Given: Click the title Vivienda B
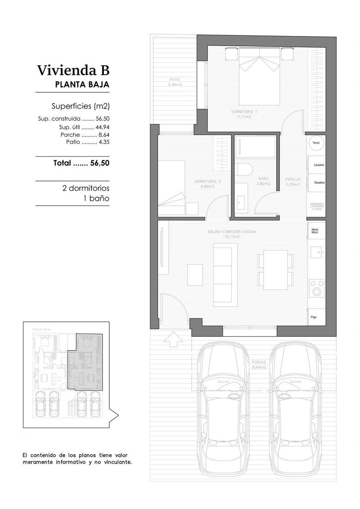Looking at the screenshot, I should pyautogui.click(x=73, y=71).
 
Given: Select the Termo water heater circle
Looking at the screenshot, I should pyautogui.click(x=316, y=143).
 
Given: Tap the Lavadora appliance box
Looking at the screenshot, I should pyautogui.click(x=319, y=165).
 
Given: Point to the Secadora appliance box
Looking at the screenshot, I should pyautogui.click(x=319, y=182).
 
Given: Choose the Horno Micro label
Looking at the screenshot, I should pyautogui.click(x=315, y=231).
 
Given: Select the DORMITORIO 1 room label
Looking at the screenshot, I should pyautogui.click(x=244, y=114).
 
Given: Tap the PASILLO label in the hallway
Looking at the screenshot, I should pyautogui.click(x=292, y=181).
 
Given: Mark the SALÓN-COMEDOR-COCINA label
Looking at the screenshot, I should pyautogui.click(x=232, y=234).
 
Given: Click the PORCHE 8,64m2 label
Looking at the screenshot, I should pyautogui.click(x=259, y=365).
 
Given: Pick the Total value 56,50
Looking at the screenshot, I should pyautogui.click(x=99, y=163).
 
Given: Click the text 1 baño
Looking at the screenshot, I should pyautogui.click(x=96, y=198).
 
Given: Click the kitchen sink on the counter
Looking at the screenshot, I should pyautogui.click(x=316, y=253).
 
